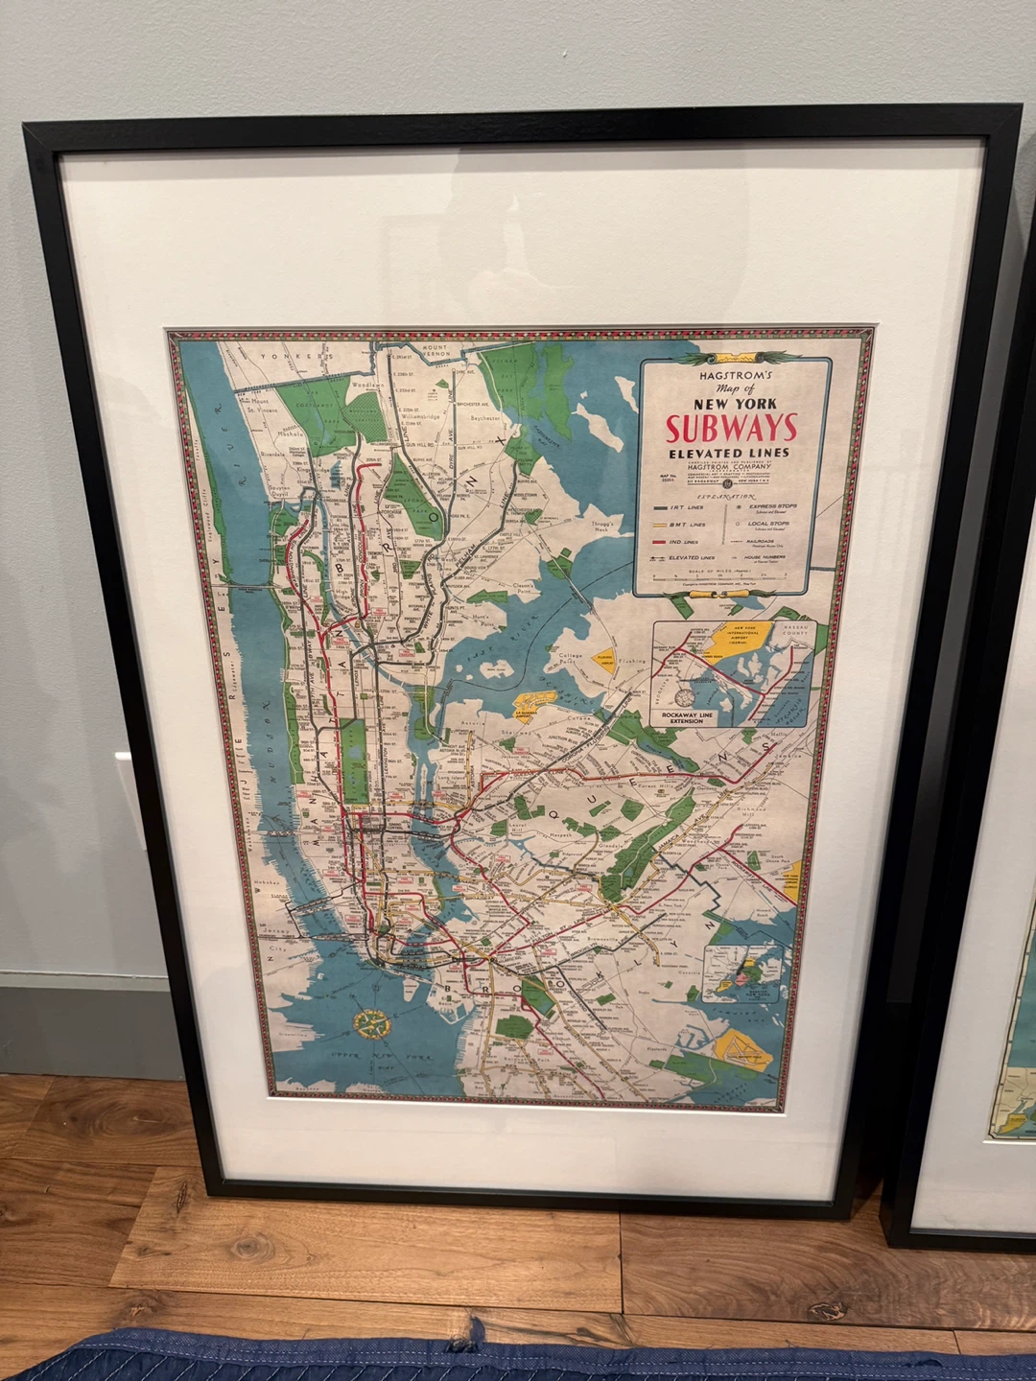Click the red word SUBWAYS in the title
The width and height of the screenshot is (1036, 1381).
pos(732,427)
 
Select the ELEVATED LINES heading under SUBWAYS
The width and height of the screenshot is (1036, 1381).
pos(731,452)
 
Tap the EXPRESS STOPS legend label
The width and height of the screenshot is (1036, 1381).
pos(772,506)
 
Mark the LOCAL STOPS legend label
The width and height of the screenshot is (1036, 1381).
pos(769,524)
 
